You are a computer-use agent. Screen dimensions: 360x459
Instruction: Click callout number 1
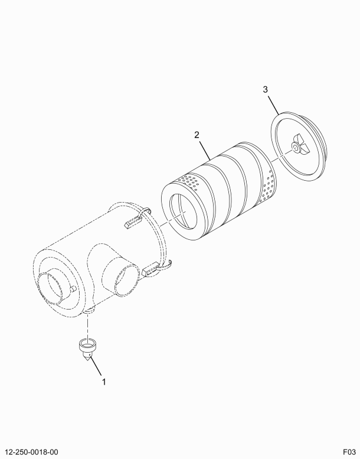coord(103,382)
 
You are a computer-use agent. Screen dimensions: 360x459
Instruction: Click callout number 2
coord(197,135)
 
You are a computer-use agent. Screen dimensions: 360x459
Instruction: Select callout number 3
coord(265,89)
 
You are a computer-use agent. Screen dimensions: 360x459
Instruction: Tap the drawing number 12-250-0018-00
coord(31,452)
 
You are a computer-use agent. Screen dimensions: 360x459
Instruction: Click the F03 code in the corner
coord(350,452)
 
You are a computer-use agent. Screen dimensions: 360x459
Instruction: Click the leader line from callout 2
coord(205,150)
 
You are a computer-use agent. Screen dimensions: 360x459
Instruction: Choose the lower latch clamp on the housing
coord(156,268)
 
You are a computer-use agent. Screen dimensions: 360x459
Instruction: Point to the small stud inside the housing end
coord(73,289)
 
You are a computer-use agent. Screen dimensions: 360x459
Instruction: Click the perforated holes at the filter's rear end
coord(269,186)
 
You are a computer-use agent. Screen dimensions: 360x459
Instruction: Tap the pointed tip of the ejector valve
coord(88,360)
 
